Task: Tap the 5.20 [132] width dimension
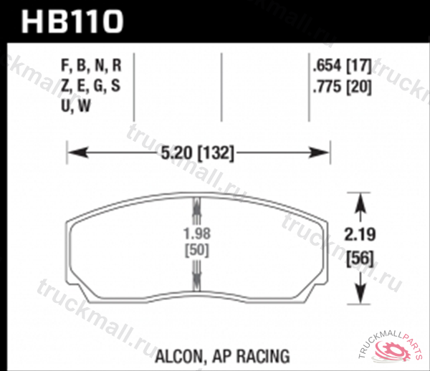(x=198, y=152)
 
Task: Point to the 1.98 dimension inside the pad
(x=198, y=233)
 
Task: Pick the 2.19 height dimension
(x=359, y=233)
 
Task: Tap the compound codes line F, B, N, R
(x=92, y=67)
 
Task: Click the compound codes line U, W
(x=76, y=106)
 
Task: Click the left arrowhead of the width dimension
(x=75, y=152)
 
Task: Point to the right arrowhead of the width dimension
(x=322, y=152)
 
